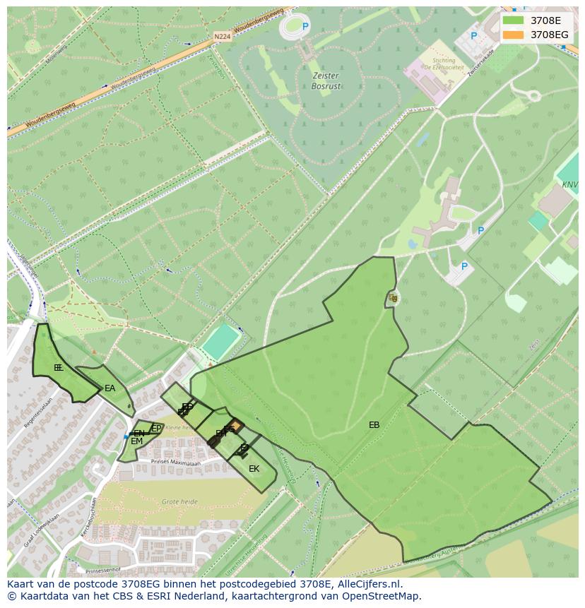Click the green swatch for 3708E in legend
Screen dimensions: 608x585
tap(513, 20)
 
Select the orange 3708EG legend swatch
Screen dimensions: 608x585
tap(513, 35)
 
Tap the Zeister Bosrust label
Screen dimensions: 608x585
tap(326, 81)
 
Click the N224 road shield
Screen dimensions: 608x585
tap(222, 36)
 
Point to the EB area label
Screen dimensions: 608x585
tap(374, 425)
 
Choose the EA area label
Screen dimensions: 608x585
tap(110, 388)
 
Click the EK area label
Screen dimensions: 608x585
tap(254, 469)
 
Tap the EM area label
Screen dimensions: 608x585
tap(136, 441)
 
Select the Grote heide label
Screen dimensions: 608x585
tap(179, 501)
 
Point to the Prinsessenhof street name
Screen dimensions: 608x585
tap(103, 569)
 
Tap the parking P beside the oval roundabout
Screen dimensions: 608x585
tap(306, 27)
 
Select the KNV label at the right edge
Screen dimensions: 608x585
tap(569, 184)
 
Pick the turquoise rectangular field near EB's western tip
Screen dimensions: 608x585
tap(220, 341)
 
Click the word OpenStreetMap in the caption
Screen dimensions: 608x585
tap(384, 596)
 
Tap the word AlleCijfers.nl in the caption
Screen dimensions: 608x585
tap(370, 584)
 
